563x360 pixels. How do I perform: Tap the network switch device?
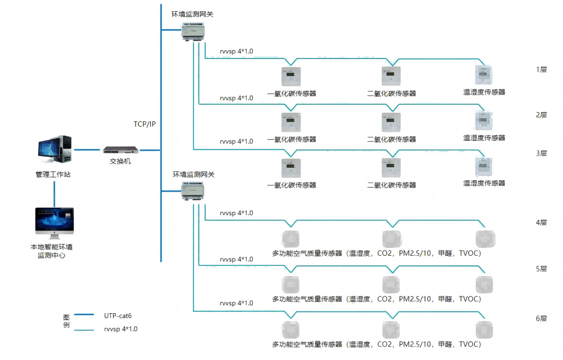(120, 150)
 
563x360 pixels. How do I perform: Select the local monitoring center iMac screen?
(54, 221)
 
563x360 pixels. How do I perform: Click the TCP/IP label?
(144, 124)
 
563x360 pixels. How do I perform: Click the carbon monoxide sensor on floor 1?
(291, 76)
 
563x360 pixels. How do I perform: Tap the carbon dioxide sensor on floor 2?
(391, 121)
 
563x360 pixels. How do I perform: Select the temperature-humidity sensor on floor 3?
(483, 166)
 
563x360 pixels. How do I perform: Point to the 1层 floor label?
(542, 69)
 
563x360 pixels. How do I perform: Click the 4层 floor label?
(542, 223)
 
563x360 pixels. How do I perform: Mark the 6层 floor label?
(542, 319)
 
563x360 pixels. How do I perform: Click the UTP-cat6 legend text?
(118, 316)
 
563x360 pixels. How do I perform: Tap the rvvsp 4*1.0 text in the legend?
(120, 329)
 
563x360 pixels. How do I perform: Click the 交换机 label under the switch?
(120, 162)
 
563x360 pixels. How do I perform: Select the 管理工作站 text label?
(53, 175)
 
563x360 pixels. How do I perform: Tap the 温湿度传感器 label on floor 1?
(484, 92)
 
